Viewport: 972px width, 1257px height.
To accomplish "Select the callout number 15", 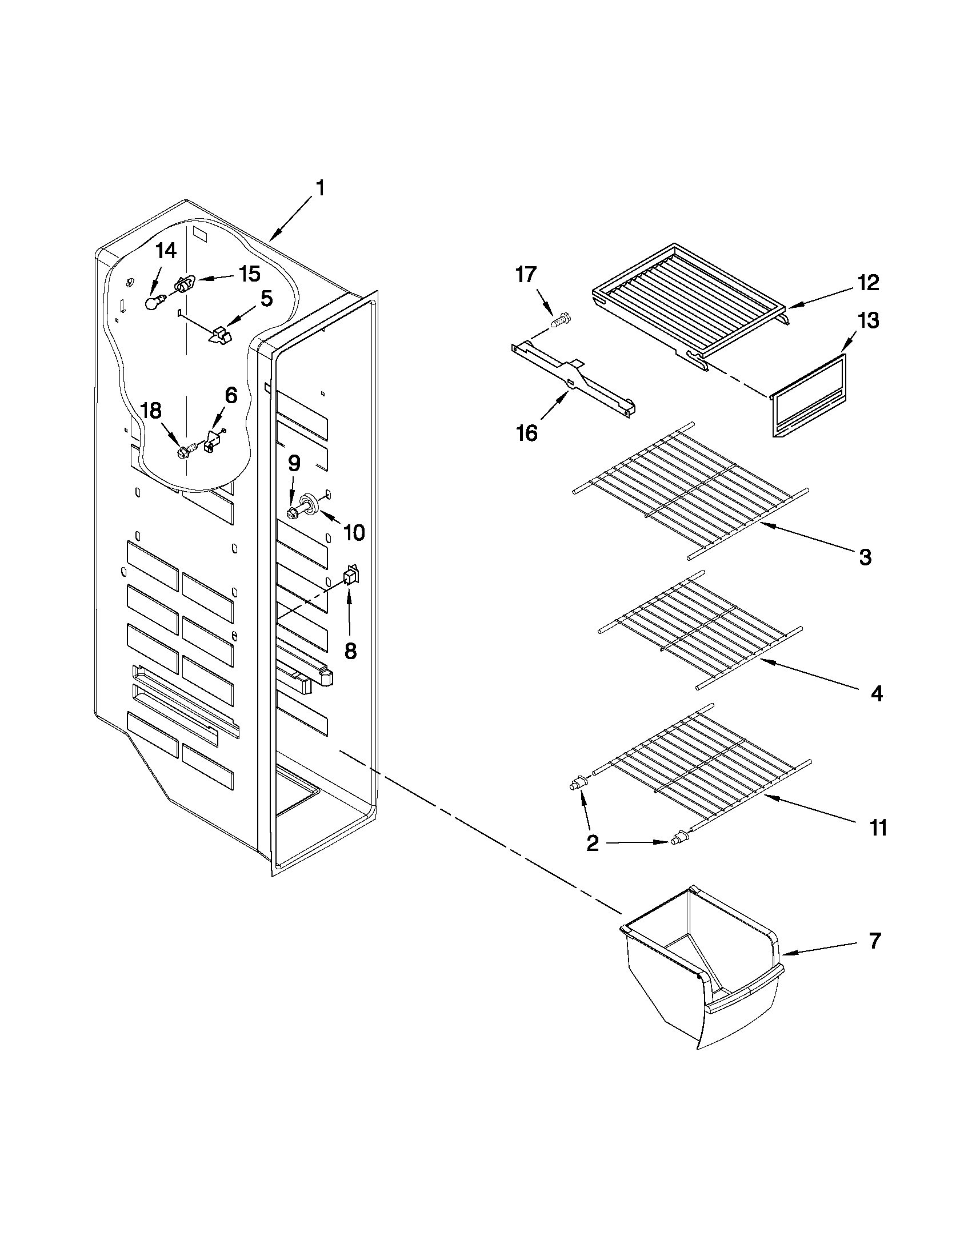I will (x=249, y=274).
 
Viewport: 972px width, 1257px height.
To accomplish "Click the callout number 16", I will (x=526, y=432).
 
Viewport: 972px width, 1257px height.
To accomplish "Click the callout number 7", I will (x=874, y=941).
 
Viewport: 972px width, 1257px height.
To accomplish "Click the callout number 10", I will (x=354, y=533).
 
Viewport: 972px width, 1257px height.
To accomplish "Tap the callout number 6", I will (x=230, y=395).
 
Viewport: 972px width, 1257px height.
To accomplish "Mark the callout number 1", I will (x=319, y=188).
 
